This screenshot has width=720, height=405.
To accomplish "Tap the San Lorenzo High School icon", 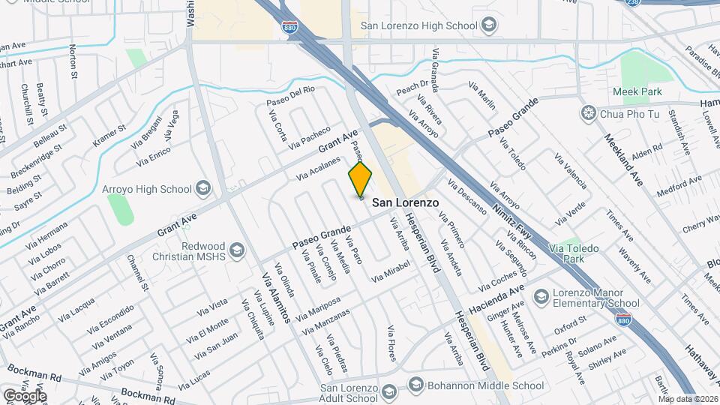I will coord(489,26).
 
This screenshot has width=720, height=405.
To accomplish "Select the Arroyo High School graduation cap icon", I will coord(202,187).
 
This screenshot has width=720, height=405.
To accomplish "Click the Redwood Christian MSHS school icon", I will coord(238,250).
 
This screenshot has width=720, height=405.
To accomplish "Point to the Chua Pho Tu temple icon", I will coord(589,113).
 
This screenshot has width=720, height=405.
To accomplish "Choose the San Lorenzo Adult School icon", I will coord(388,393).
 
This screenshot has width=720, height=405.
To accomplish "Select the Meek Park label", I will coord(641,91).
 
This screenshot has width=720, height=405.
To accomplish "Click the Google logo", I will coord(24,395).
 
